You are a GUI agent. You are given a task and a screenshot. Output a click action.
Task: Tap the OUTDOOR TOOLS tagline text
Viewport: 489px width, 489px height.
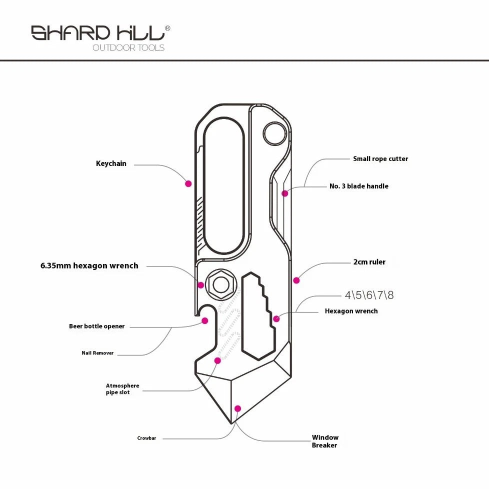(128, 47)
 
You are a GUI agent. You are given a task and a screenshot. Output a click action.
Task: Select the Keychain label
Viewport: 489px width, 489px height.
(111, 163)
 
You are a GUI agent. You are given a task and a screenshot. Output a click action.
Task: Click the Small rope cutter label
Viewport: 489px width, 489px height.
(380, 158)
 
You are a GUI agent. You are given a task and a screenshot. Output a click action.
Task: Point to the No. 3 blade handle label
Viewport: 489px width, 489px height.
(359, 186)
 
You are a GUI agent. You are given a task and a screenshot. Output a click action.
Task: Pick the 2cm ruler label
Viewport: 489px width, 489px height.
(369, 262)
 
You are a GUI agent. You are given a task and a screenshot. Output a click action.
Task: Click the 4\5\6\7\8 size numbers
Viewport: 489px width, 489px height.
(369, 295)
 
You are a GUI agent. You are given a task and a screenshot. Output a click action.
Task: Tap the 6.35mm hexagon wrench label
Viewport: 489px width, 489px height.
(89, 265)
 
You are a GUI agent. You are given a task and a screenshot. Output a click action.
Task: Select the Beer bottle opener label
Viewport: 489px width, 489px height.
(96, 326)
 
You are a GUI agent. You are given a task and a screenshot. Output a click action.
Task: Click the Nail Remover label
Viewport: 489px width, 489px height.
(97, 353)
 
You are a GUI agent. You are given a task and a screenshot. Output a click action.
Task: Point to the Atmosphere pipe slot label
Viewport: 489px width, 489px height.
(122, 389)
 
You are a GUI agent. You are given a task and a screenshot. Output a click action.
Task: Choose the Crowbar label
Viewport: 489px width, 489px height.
(146, 438)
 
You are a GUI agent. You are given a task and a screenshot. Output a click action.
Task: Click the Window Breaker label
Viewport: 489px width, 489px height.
(325, 441)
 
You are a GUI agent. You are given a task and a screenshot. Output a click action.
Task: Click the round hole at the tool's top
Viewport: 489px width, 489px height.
(274, 134)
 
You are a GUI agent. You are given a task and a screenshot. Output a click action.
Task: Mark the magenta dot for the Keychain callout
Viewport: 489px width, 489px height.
(188, 183)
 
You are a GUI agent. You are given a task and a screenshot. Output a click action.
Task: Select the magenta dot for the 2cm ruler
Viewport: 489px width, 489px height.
(296, 280)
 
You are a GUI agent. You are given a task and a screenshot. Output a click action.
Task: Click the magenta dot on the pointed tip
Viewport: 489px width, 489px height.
(237, 408)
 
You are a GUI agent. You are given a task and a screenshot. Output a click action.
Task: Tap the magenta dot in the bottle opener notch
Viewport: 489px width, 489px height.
(205, 320)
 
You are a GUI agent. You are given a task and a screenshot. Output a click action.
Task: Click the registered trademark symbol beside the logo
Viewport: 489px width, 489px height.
(167, 28)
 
